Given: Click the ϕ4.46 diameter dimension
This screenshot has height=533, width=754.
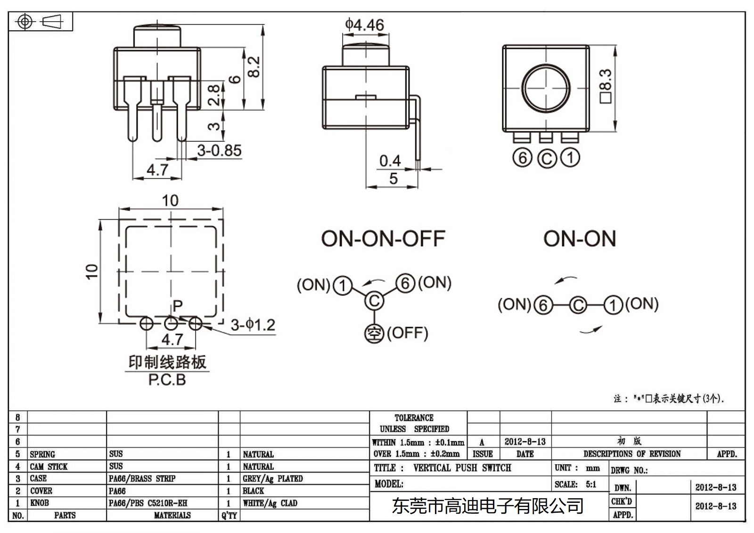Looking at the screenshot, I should [364, 25].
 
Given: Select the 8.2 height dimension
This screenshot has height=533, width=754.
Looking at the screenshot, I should [254, 67].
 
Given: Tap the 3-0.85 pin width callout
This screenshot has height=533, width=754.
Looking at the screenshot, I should [219, 151].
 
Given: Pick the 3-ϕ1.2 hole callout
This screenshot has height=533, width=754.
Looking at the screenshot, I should [253, 325].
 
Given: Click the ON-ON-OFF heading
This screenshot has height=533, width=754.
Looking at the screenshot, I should [383, 239].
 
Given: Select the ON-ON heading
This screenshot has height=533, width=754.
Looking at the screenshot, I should [579, 239].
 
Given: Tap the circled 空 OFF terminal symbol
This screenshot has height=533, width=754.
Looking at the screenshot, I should [374, 334].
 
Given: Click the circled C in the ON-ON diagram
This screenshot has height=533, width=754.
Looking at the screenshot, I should [578, 305].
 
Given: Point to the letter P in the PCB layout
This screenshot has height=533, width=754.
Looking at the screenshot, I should [177, 306].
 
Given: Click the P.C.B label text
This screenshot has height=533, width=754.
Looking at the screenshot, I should [167, 380].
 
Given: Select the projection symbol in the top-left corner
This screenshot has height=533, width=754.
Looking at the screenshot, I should [41, 22].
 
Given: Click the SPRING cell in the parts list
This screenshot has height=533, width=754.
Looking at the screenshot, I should [42, 454].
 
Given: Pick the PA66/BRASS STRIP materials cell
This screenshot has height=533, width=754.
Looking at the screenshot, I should [142, 479].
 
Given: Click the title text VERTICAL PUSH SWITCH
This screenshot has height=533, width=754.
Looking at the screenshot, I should [462, 468].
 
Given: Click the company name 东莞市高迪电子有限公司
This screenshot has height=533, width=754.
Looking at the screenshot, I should [488, 506].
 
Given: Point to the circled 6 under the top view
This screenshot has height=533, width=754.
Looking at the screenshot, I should [522, 158].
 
